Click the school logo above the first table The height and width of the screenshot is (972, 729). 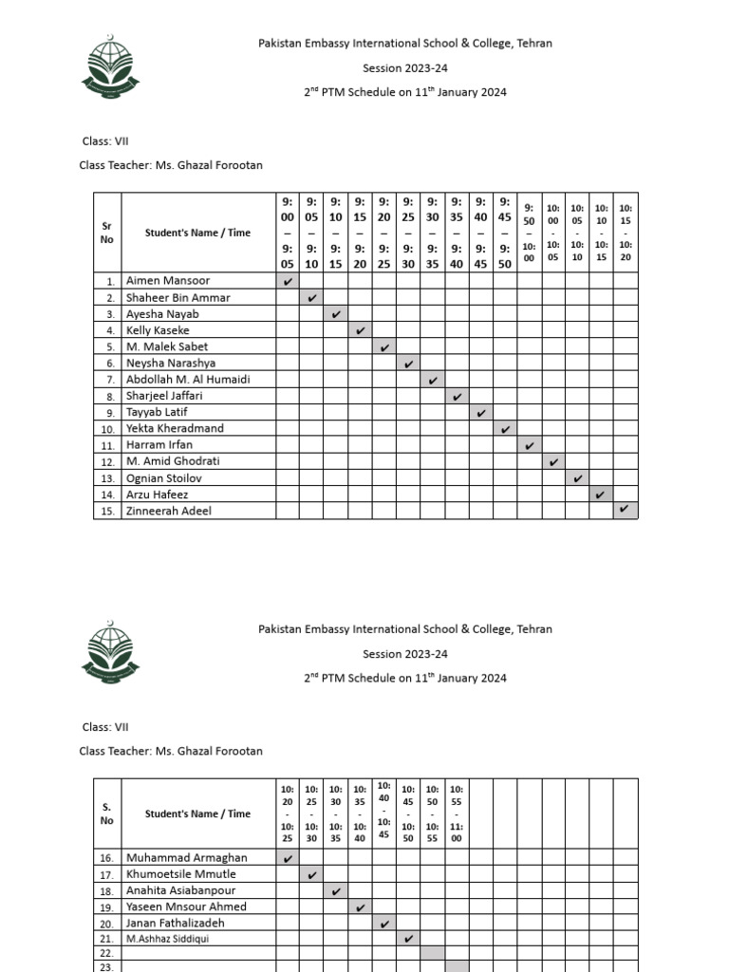(x=111, y=65)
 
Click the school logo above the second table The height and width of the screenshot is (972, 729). (x=111, y=653)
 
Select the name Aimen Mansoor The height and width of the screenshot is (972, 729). (x=168, y=281)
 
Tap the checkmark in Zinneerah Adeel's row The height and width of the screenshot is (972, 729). (x=625, y=511)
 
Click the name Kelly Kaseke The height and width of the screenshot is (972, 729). (x=158, y=330)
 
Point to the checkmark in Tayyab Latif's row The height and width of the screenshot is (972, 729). (x=481, y=413)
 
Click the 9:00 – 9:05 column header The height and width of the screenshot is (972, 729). (x=288, y=233)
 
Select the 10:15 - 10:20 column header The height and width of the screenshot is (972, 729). (x=626, y=233)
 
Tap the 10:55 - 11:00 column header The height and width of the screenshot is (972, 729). (x=457, y=813)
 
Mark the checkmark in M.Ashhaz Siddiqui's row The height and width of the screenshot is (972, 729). (x=408, y=939)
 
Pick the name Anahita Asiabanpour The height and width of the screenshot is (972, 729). (x=180, y=890)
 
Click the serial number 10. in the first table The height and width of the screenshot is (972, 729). (x=109, y=429)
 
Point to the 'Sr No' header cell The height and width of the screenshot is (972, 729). (x=107, y=233)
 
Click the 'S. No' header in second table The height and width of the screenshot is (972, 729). (x=107, y=813)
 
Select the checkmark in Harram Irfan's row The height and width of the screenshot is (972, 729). (x=529, y=445)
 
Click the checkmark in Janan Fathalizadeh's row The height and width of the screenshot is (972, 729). (x=384, y=923)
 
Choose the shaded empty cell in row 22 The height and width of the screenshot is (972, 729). (x=432, y=952)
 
